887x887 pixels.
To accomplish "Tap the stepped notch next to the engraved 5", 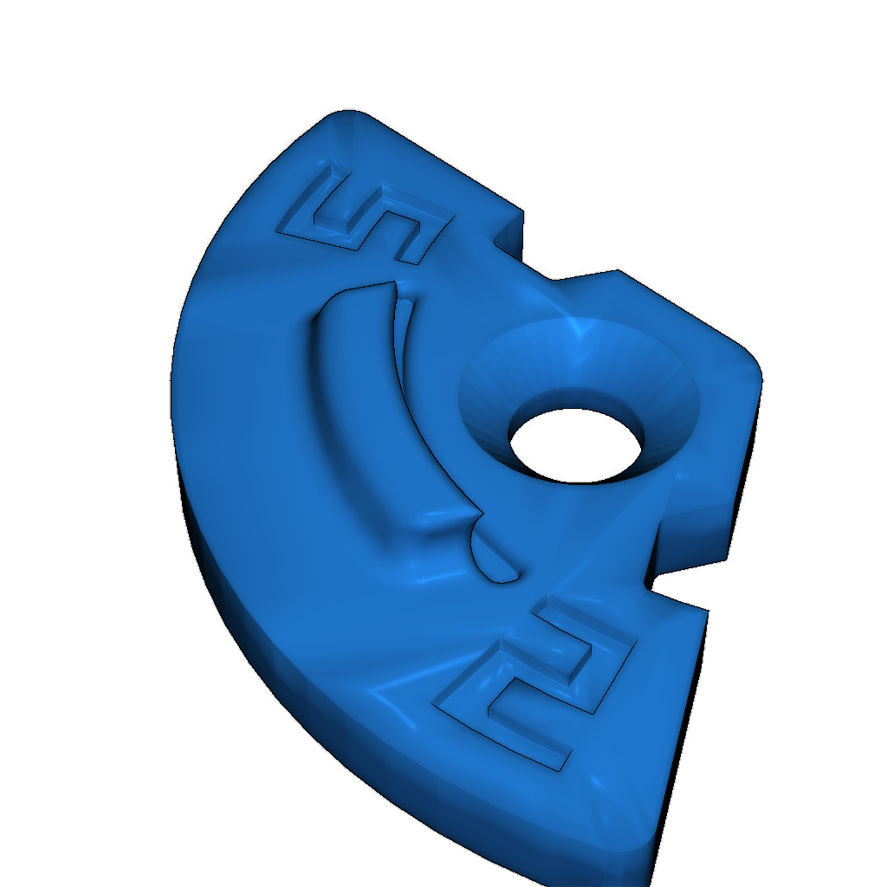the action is click(510, 237).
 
